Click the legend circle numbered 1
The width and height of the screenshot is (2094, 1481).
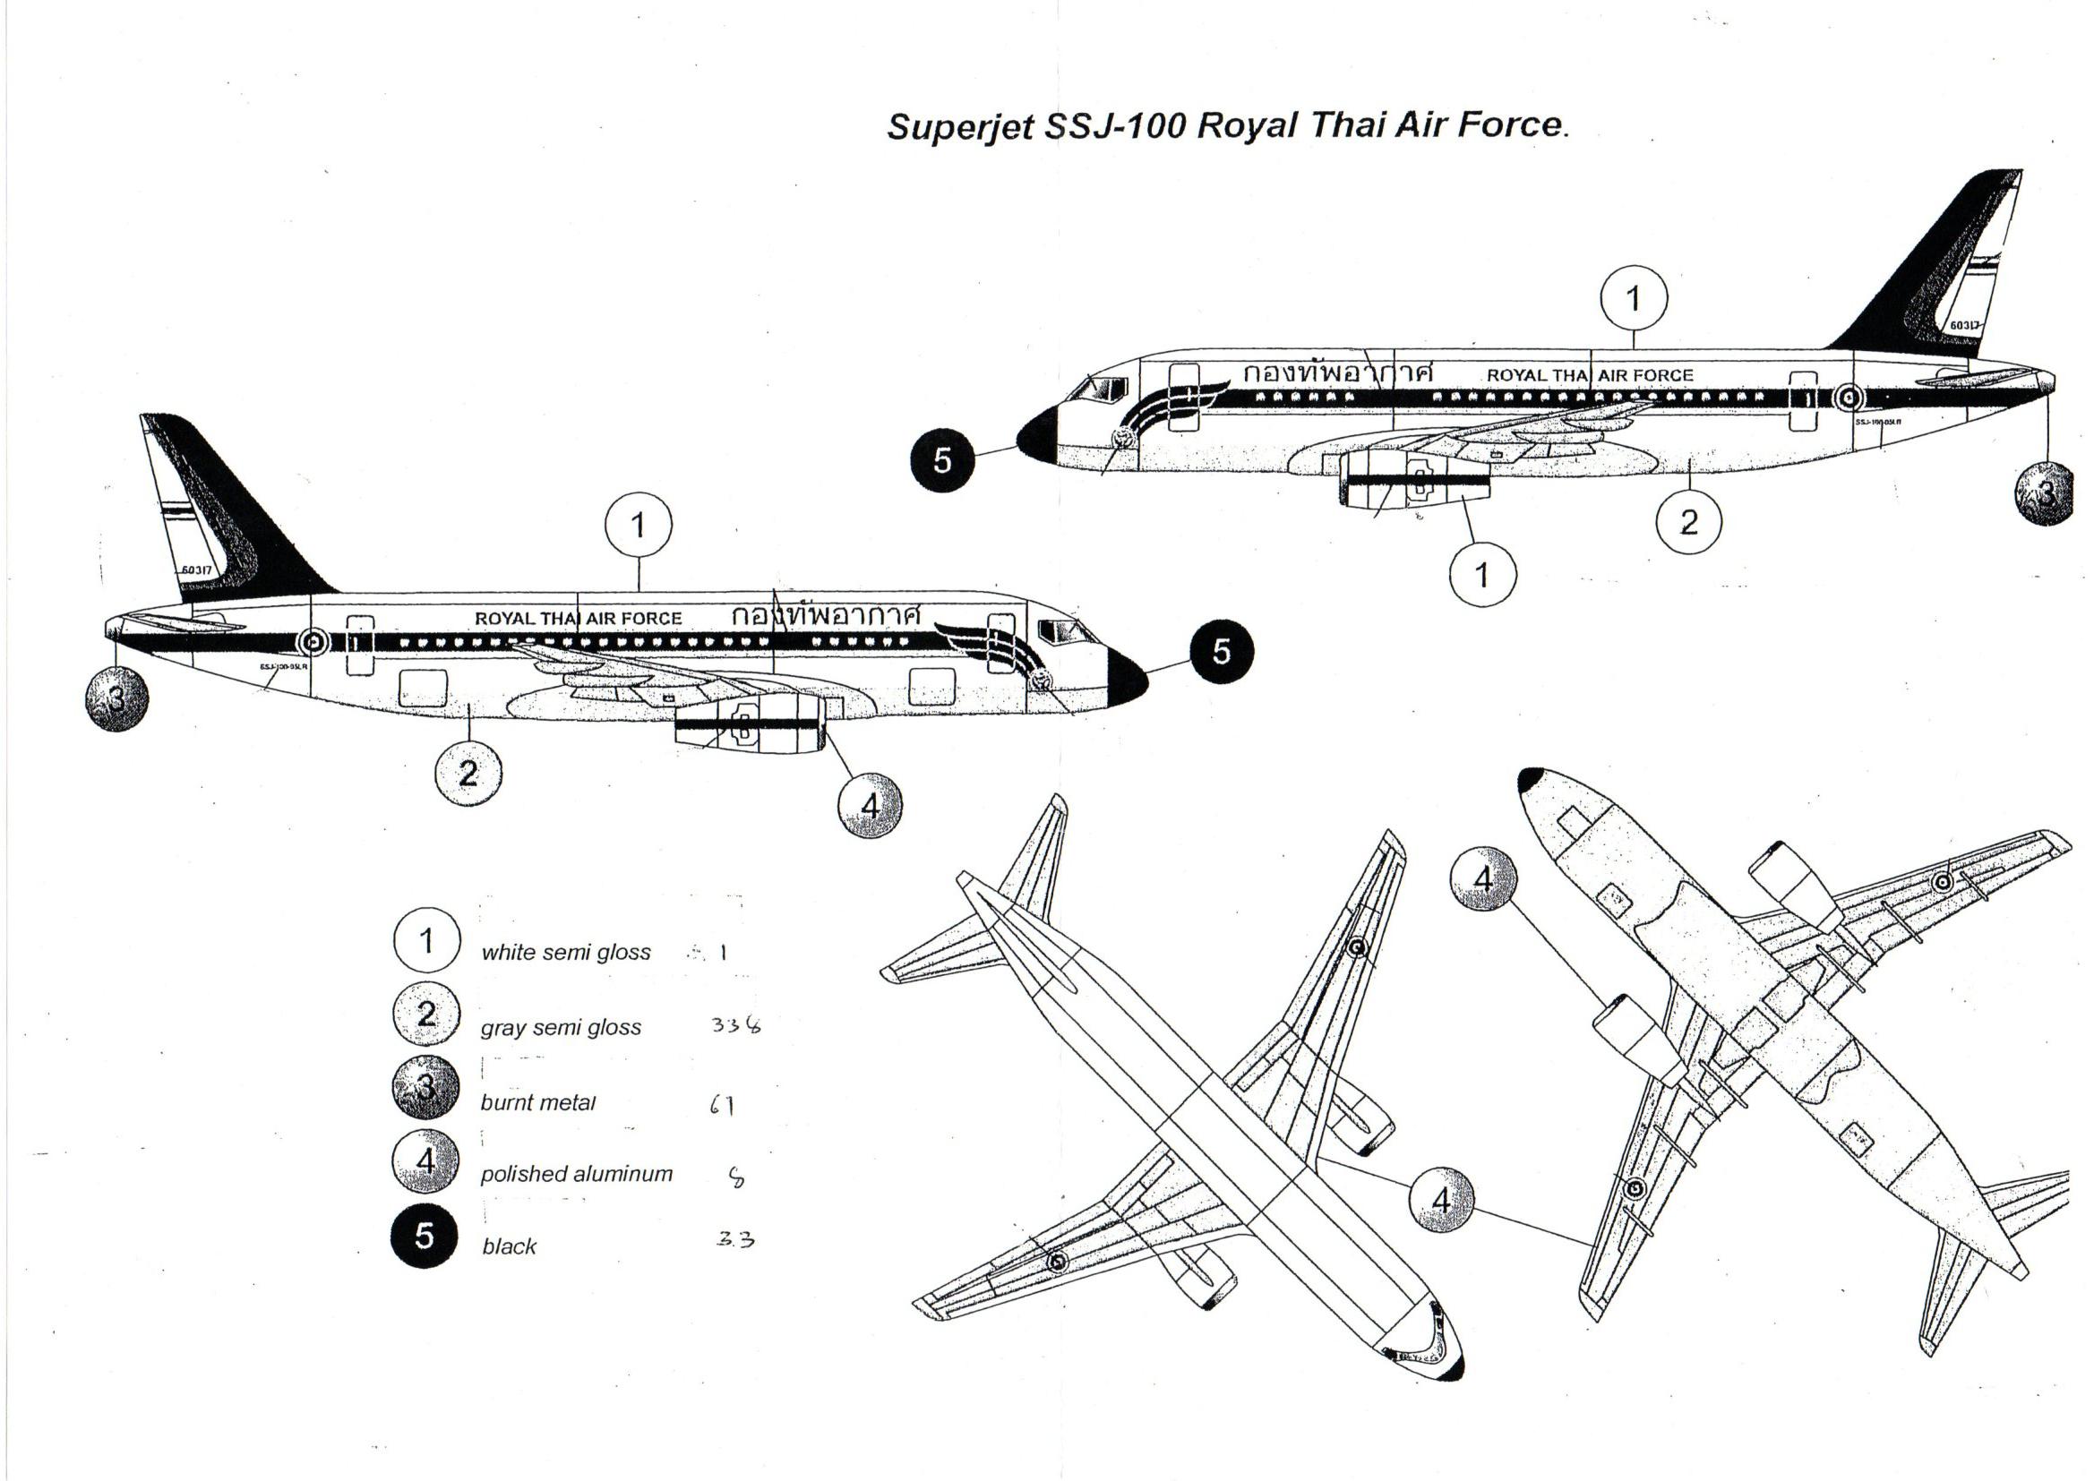pyautogui.click(x=426, y=939)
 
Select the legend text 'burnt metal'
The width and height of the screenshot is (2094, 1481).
pyautogui.click(x=537, y=1102)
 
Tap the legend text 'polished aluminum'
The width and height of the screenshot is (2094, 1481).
pyautogui.click(x=576, y=1174)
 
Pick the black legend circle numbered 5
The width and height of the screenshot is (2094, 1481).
pyautogui.click(x=425, y=1236)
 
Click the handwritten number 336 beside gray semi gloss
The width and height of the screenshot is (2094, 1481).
pyautogui.click(x=735, y=1025)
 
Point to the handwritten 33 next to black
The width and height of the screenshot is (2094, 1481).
pyautogui.click(x=735, y=1239)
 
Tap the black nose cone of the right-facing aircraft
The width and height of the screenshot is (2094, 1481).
pyautogui.click(x=1127, y=678)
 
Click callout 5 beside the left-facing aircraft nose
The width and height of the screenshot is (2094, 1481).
pyautogui.click(x=942, y=460)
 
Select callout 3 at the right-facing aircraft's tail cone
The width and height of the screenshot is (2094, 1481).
pyautogui.click(x=116, y=698)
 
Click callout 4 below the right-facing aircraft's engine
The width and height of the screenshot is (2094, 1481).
pyautogui.click(x=869, y=804)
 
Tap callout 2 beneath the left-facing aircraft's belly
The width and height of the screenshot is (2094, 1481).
pyautogui.click(x=1688, y=523)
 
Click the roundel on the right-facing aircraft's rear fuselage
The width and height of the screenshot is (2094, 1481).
pyautogui.click(x=313, y=642)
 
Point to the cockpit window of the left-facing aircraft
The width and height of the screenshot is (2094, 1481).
pyautogui.click(x=1098, y=390)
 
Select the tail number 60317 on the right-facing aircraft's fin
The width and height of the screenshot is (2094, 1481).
pyautogui.click(x=196, y=570)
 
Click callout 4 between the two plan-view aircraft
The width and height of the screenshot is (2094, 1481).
pyautogui.click(x=1441, y=1199)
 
